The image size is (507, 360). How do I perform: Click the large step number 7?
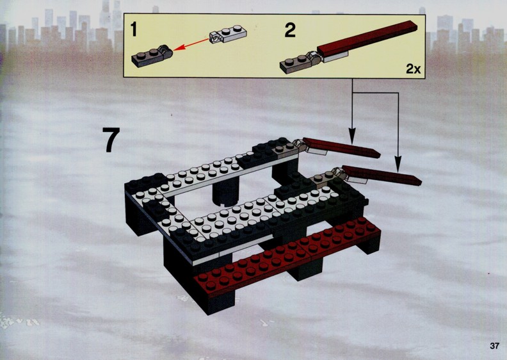tap(111, 140)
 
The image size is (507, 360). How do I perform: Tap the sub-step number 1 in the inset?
tap(134, 29)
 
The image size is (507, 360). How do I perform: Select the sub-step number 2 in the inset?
tap(290, 30)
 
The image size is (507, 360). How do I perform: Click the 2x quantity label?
tap(414, 69)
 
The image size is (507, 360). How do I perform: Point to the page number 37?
tap(494, 346)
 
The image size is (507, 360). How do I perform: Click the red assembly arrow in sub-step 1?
tap(191, 44)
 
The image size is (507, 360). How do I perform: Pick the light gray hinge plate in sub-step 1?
tap(228, 34)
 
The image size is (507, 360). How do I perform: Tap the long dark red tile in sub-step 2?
tap(367, 38)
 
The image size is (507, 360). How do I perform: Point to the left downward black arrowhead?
tap(352, 136)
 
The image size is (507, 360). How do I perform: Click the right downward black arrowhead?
tap(398, 164)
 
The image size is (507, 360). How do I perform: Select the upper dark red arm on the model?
tap(341, 148)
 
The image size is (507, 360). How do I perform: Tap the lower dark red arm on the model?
tap(382, 176)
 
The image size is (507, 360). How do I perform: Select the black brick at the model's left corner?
tap(141, 207)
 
